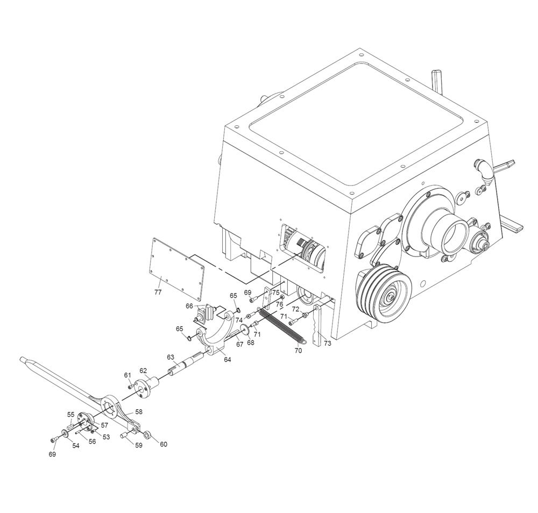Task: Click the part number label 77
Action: [x=158, y=292]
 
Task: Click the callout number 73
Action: [x=327, y=343]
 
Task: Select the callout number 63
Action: [x=171, y=357]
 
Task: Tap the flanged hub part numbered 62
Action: [x=147, y=386]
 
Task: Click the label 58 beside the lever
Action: [x=139, y=411]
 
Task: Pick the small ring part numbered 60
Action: [x=147, y=435]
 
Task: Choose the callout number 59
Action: [x=138, y=445]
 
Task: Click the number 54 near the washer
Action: [x=75, y=445]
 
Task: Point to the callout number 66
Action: [x=189, y=306]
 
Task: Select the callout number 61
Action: [x=128, y=375]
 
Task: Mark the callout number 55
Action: [x=70, y=415]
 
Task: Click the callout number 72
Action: [x=295, y=309]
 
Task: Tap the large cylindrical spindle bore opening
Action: [x=455, y=236]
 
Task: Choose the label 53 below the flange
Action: [x=106, y=437]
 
